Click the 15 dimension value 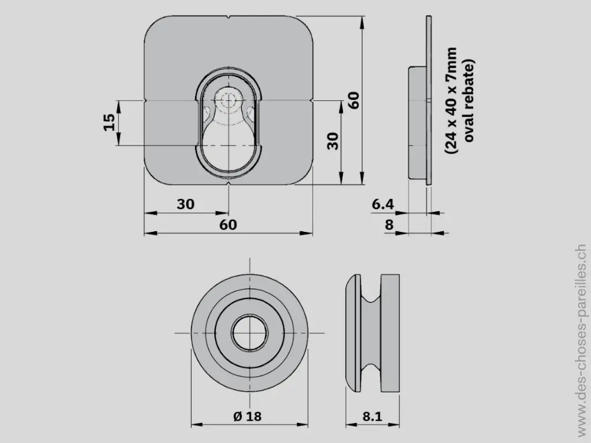(x=109, y=122)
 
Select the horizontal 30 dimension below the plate (x=185, y=204)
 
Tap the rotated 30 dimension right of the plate (x=333, y=140)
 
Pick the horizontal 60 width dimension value (x=228, y=225)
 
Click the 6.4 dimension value (x=383, y=204)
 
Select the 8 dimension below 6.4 (x=389, y=225)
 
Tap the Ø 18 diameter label (x=248, y=416)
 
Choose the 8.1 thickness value (x=373, y=416)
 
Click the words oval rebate (x=469, y=100)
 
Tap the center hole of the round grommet (x=249, y=333)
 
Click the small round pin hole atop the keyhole (x=229, y=99)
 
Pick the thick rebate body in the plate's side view (x=417, y=123)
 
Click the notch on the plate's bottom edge (x=229, y=184)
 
